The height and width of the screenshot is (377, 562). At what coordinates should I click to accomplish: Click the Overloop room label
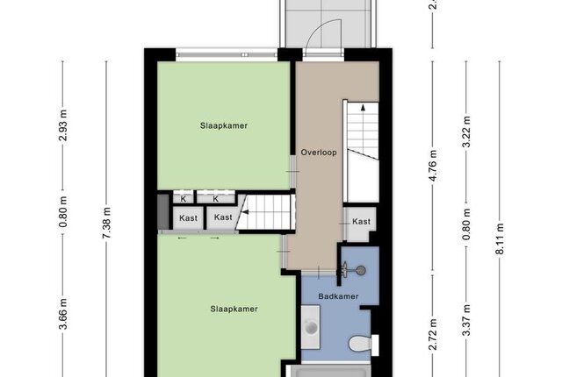[319, 153]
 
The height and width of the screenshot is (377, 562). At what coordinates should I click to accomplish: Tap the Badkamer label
[338, 296]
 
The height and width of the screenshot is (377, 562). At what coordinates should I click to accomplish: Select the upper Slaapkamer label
[224, 125]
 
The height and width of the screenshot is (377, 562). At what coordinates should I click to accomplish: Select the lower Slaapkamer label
[234, 309]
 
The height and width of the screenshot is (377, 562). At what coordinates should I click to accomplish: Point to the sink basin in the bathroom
[310, 327]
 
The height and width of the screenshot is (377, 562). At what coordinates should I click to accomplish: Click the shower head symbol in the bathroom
[361, 270]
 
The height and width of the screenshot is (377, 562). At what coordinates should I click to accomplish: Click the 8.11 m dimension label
[500, 238]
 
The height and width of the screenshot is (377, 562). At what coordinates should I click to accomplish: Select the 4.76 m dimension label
[433, 166]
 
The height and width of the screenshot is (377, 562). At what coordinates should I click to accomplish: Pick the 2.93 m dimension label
[63, 125]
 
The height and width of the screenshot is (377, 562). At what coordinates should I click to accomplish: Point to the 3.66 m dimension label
[63, 314]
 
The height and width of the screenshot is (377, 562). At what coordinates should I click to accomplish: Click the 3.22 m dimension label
[466, 132]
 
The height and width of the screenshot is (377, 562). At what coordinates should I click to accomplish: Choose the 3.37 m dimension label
[466, 320]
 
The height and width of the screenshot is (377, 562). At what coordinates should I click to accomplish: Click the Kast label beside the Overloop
[361, 222]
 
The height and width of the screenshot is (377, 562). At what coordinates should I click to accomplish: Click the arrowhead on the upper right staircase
[363, 107]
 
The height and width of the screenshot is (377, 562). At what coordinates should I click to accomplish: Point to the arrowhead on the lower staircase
[245, 212]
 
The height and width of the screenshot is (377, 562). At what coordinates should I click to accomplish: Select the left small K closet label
[184, 199]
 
